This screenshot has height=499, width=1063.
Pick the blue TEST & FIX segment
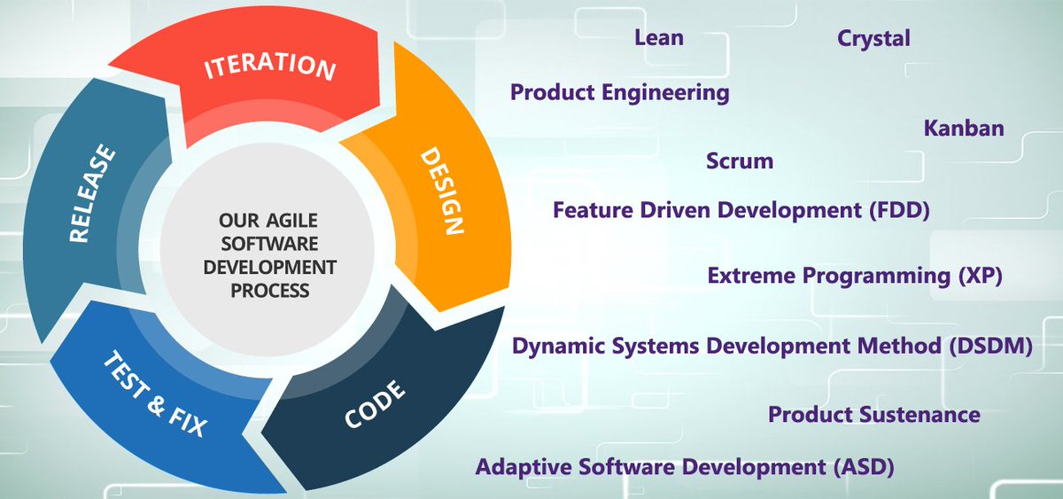pyautogui.click(x=155, y=395)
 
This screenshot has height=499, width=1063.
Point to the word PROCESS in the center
pyautogui.click(x=269, y=290)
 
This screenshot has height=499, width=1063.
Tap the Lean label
pyautogui.click(x=659, y=38)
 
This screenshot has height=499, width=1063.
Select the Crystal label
pyautogui.click(x=873, y=38)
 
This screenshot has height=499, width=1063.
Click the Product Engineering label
pyautogui.click(x=620, y=92)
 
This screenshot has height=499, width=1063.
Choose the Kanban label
pyautogui.click(x=964, y=129)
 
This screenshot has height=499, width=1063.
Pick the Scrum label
pyautogui.click(x=740, y=161)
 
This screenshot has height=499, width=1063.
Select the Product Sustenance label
pyautogui.click(x=873, y=415)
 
